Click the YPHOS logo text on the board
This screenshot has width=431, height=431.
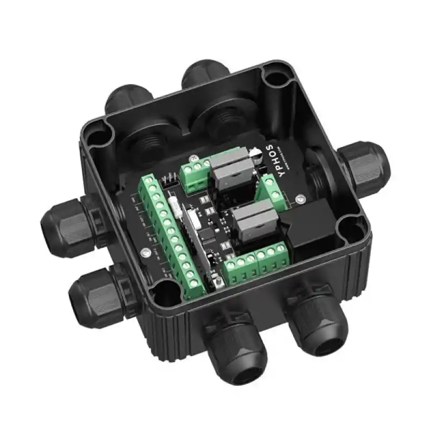click(270, 156)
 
